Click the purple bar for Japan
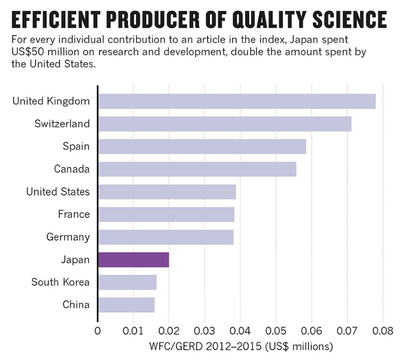pos(134,259)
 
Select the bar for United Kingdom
pos(237,101)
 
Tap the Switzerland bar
pos(224,124)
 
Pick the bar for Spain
pos(202,146)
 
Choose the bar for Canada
pos(197,169)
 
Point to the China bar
pos(126,305)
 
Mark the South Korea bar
pos(127,282)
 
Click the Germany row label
pos(69,237)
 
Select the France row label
pos(74,214)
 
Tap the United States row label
pos(58,192)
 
